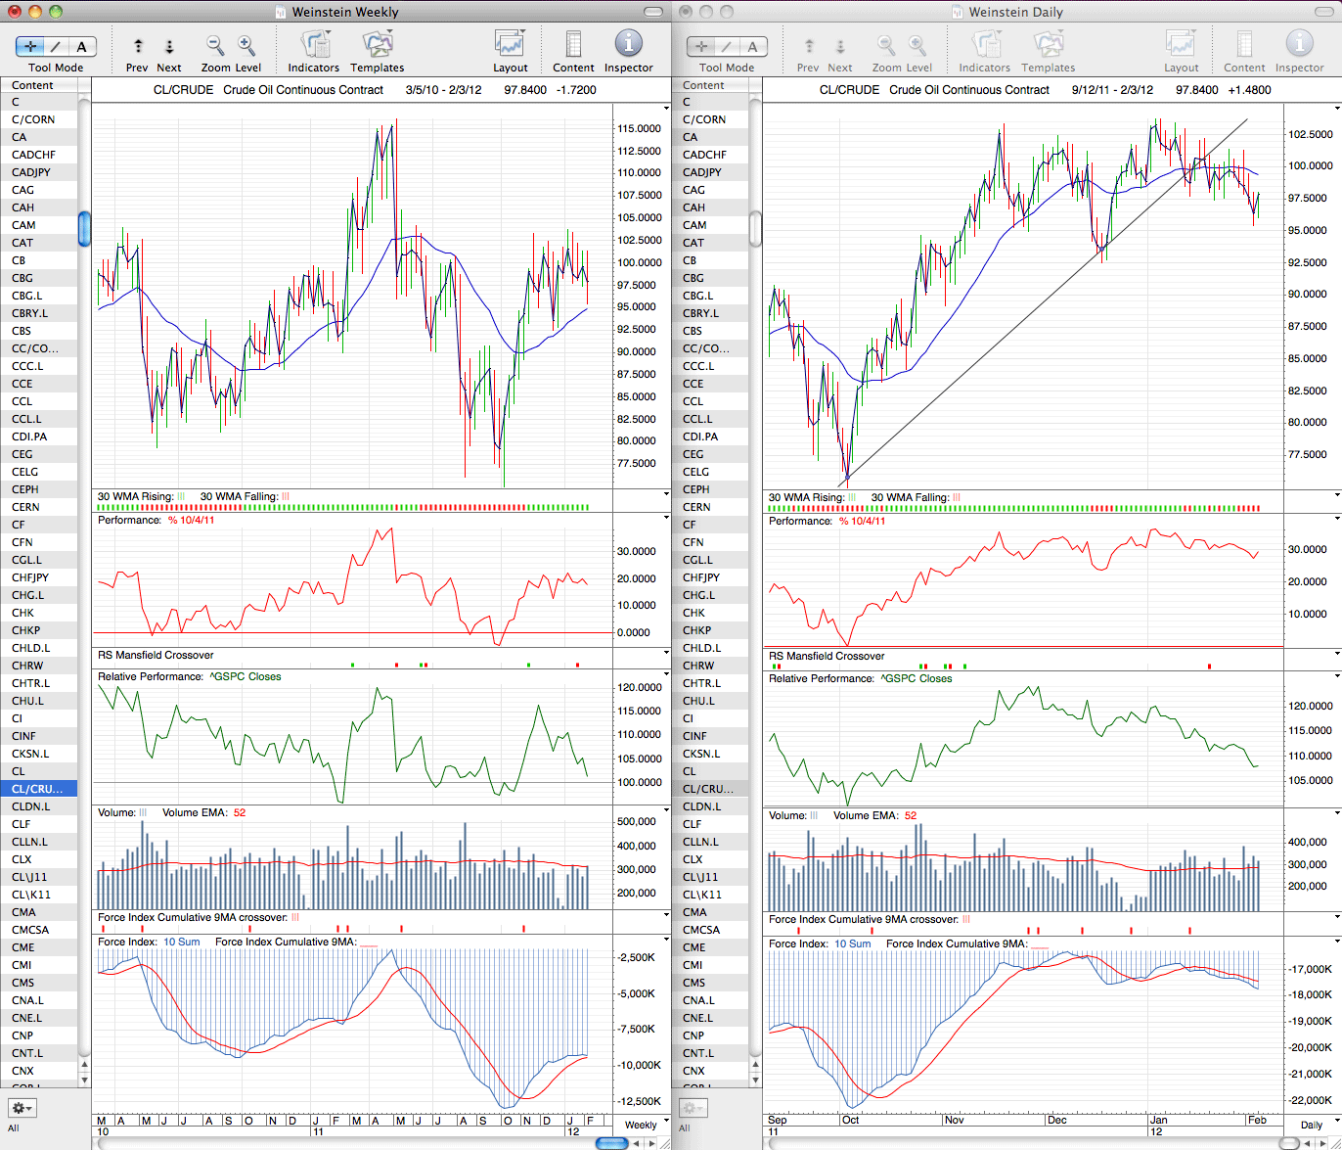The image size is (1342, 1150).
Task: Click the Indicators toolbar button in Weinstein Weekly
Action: [314, 51]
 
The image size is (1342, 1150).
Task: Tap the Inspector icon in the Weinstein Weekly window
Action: [628, 43]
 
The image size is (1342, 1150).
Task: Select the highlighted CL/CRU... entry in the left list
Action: [37, 789]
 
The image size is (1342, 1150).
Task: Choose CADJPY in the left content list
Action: [30, 172]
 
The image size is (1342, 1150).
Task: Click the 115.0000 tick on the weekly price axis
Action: [639, 128]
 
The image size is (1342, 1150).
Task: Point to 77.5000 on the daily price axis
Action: [1307, 454]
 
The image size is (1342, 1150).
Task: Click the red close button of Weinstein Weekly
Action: [15, 11]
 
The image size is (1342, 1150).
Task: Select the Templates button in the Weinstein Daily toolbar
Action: [1048, 51]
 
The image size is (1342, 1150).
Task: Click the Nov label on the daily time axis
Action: [954, 1120]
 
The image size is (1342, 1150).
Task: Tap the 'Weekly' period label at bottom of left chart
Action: [640, 1125]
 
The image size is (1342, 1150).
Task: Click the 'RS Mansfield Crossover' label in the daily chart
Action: [827, 656]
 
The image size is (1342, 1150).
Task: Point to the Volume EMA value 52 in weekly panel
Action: [240, 812]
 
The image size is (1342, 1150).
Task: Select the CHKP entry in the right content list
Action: [696, 630]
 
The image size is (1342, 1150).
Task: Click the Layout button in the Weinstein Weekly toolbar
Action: [511, 51]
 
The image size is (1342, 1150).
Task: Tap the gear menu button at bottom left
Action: [22, 1108]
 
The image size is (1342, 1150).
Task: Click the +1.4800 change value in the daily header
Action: [1249, 90]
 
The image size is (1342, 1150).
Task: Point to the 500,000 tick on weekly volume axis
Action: [636, 821]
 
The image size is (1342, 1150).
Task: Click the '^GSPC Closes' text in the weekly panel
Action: [245, 676]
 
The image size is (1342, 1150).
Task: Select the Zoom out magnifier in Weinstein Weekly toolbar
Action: [215, 45]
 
